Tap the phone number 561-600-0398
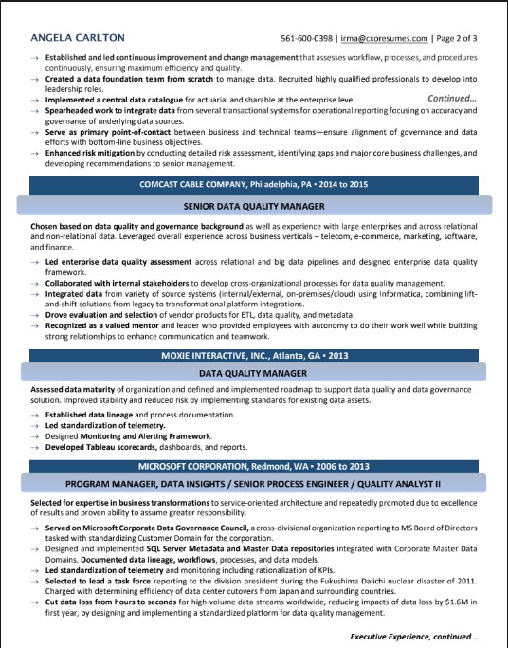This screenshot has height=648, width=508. (x=307, y=39)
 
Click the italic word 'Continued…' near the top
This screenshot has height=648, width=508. (x=452, y=98)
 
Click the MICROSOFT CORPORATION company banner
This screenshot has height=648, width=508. (x=254, y=467)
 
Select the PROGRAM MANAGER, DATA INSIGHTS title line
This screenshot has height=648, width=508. (x=254, y=486)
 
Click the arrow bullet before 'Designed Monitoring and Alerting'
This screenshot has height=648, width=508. (x=33, y=435)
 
